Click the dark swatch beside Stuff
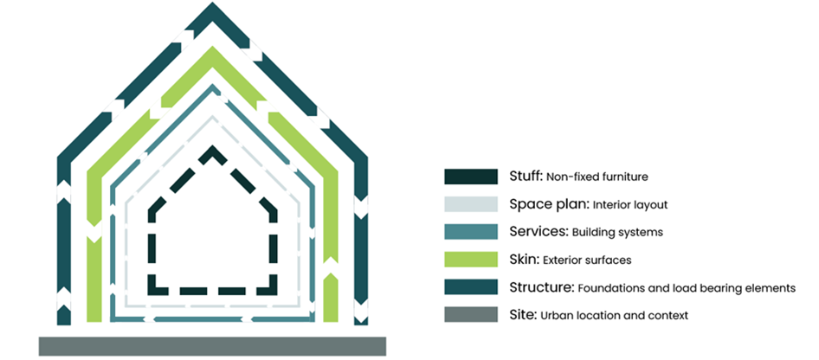pos(470,177)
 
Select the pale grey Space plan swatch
pos(470,204)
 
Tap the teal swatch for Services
pos(470,232)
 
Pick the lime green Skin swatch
pos(470,260)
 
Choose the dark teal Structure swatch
pos(470,287)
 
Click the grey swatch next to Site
pos(470,315)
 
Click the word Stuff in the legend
pos(526,177)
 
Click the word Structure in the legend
pos(541,287)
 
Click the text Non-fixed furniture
pos(597,177)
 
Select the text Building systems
pos(614,233)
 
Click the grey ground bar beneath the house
pos(212,345)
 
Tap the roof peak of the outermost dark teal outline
pos(212,10)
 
